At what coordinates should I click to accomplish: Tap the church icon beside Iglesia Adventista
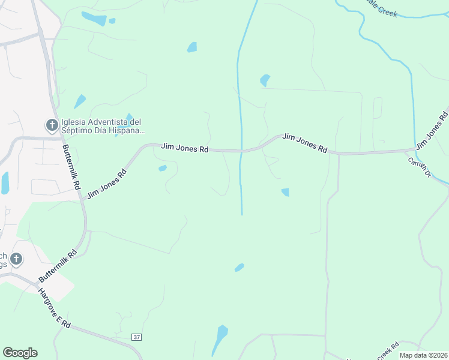(52, 125)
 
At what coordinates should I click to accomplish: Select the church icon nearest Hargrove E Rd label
(16, 259)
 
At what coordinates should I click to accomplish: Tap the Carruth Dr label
(420, 167)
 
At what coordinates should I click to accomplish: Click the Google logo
(20, 353)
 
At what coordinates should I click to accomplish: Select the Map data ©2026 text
(423, 355)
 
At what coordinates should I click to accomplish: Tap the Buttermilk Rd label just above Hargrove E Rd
(58, 266)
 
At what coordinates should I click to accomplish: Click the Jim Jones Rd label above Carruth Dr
(432, 128)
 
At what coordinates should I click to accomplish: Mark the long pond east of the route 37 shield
(220, 339)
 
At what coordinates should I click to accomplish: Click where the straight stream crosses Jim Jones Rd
(241, 151)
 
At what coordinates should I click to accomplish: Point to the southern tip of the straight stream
(242, 214)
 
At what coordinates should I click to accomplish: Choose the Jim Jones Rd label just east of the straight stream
(305, 143)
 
